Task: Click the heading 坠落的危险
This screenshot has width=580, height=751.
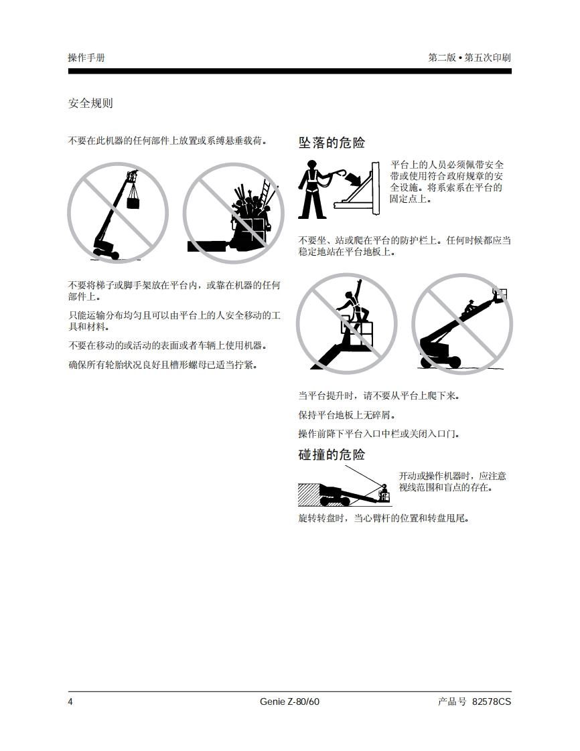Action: [x=332, y=143]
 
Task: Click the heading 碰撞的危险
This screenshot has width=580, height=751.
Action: [x=332, y=454]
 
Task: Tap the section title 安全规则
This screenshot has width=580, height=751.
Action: [x=90, y=103]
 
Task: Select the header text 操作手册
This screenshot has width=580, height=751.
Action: [x=86, y=58]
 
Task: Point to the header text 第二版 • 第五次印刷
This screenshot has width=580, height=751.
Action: [x=469, y=58]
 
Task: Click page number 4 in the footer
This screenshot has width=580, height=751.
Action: [x=70, y=701]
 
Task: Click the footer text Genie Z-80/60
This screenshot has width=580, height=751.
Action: [x=289, y=701]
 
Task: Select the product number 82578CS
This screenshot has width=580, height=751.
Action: [x=492, y=701]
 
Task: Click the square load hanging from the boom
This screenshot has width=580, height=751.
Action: [x=133, y=202]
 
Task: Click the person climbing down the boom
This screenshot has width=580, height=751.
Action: [x=469, y=307]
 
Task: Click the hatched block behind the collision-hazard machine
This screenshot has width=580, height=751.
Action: [x=309, y=495]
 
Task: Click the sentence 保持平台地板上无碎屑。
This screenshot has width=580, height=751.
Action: [x=347, y=415]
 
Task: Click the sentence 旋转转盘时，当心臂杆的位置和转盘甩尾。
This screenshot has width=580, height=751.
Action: [x=384, y=518]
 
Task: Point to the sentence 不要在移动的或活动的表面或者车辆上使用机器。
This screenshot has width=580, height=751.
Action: [x=167, y=345]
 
